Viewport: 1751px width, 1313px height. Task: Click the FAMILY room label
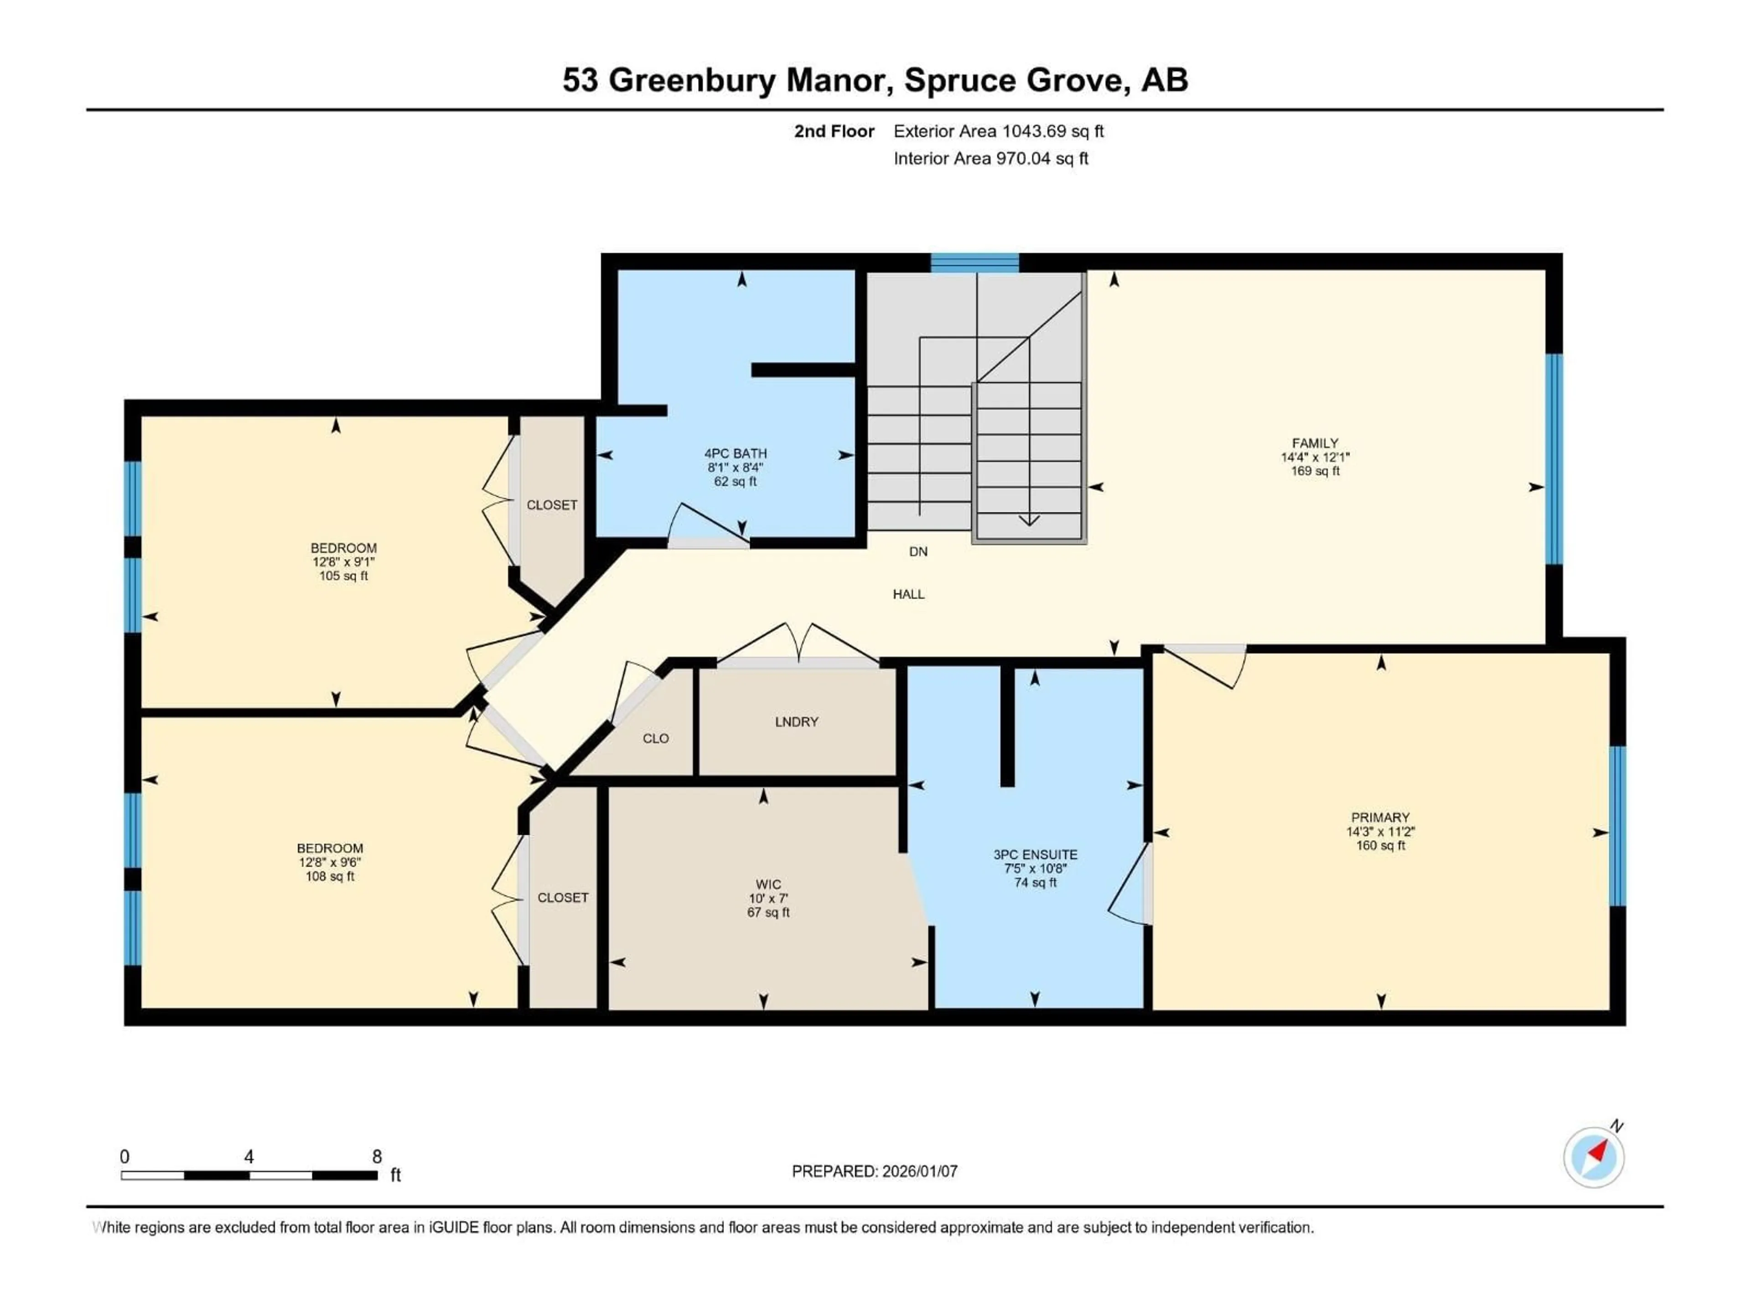click(1315, 443)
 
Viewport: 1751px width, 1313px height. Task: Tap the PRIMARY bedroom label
click(1380, 817)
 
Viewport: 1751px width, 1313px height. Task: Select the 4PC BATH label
click(736, 454)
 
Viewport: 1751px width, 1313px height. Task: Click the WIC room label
click(768, 885)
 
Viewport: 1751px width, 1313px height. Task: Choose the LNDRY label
click(796, 722)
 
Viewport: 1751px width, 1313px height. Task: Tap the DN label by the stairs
click(918, 552)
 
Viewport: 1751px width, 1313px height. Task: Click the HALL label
click(909, 594)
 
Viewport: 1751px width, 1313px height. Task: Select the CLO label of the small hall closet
click(655, 739)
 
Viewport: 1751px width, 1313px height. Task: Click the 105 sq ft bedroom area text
click(343, 576)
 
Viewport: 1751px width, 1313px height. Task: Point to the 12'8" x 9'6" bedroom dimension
click(330, 863)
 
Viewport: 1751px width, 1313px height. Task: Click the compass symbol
click(1594, 1157)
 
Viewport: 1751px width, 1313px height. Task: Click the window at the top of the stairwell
click(974, 262)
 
